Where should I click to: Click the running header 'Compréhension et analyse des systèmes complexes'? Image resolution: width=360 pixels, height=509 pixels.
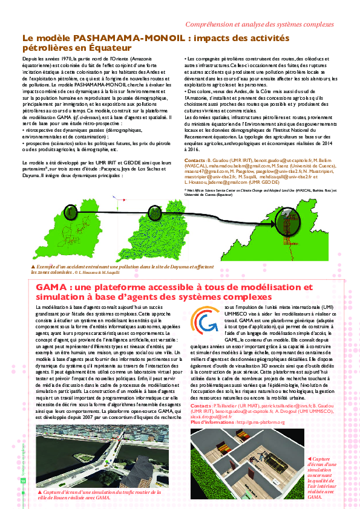260,25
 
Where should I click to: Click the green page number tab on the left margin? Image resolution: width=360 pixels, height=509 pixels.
23,480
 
